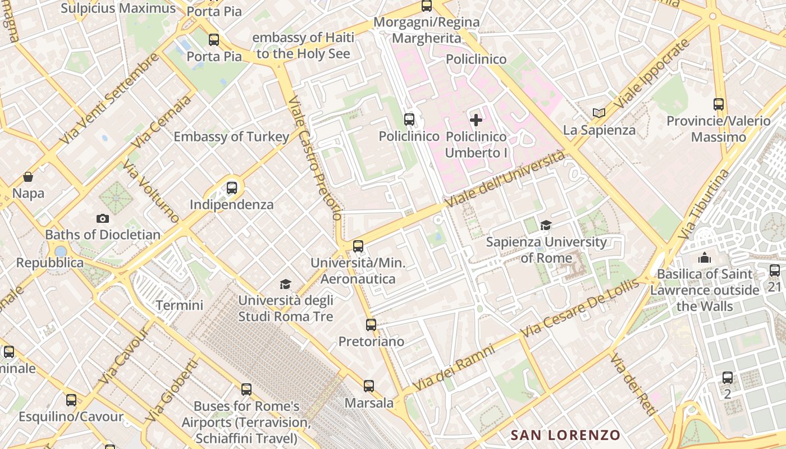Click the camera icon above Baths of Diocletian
click(102, 218)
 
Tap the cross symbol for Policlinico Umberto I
click(476, 120)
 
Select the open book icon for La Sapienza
click(599, 113)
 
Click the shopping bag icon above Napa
click(28, 177)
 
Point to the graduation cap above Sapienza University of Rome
click(546, 226)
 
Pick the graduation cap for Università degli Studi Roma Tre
click(286, 284)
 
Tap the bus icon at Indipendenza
click(232, 188)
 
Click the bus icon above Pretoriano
click(371, 324)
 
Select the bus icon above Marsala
click(368, 386)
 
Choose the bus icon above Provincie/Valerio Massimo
click(718, 104)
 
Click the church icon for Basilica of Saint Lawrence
click(704, 258)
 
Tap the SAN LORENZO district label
click(565, 435)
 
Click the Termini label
click(179, 305)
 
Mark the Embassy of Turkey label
click(231, 136)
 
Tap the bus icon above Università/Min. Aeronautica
click(358, 246)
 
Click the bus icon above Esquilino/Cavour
click(71, 400)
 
